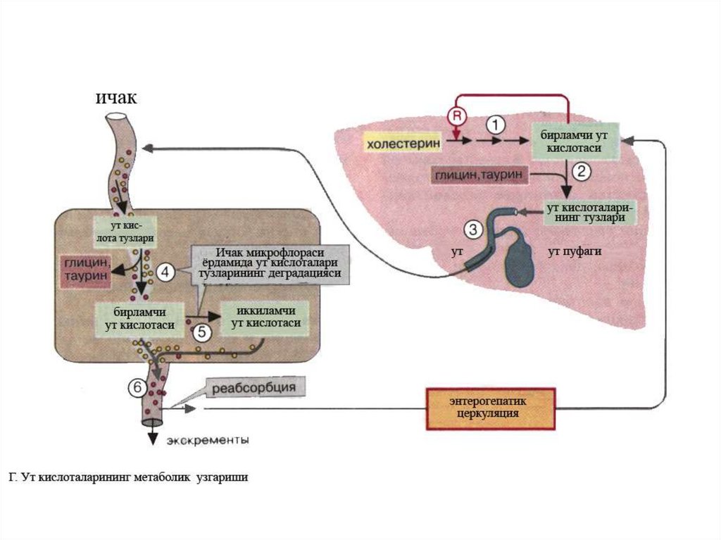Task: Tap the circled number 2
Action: click(x=582, y=170)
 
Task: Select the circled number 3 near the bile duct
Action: click(x=473, y=230)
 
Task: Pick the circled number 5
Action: click(x=201, y=332)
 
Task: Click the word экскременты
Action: click(x=208, y=441)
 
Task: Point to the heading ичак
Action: click(x=116, y=97)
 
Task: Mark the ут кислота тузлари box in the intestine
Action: click(x=125, y=230)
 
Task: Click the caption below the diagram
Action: click(x=129, y=478)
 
